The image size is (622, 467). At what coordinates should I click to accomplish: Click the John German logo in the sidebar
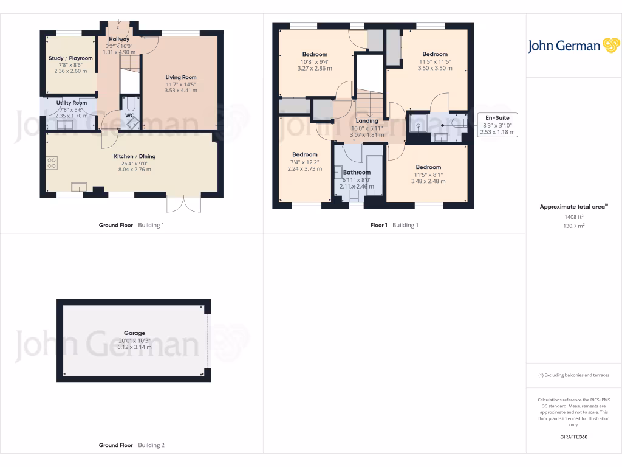(x=573, y=46)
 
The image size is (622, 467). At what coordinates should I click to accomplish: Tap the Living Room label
(x=181, y=77)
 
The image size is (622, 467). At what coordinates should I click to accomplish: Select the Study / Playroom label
(x=70, y=58)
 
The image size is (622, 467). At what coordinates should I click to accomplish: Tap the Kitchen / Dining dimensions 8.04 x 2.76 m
(x=134, y=170)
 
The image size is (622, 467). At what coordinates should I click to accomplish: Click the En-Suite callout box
(x=496, y=125)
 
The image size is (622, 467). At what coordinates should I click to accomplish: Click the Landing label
(x=367, y=121)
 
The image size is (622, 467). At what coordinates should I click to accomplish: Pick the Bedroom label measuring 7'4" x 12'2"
(x=304, y=154)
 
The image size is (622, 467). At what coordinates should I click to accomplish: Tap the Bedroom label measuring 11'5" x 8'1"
(x=428, y=167)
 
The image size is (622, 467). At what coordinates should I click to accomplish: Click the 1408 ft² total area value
(x=573, y=216)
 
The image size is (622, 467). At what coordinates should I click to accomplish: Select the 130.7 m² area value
(x=573, y=226)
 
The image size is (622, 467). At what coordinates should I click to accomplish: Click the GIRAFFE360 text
(x=573, y=437)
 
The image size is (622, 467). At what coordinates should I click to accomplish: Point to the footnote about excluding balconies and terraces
(x=573, y=375)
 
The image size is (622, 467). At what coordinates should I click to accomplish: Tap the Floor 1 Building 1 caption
(x=395, y=225)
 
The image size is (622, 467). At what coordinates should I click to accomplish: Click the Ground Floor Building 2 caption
(x=132, y=445)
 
